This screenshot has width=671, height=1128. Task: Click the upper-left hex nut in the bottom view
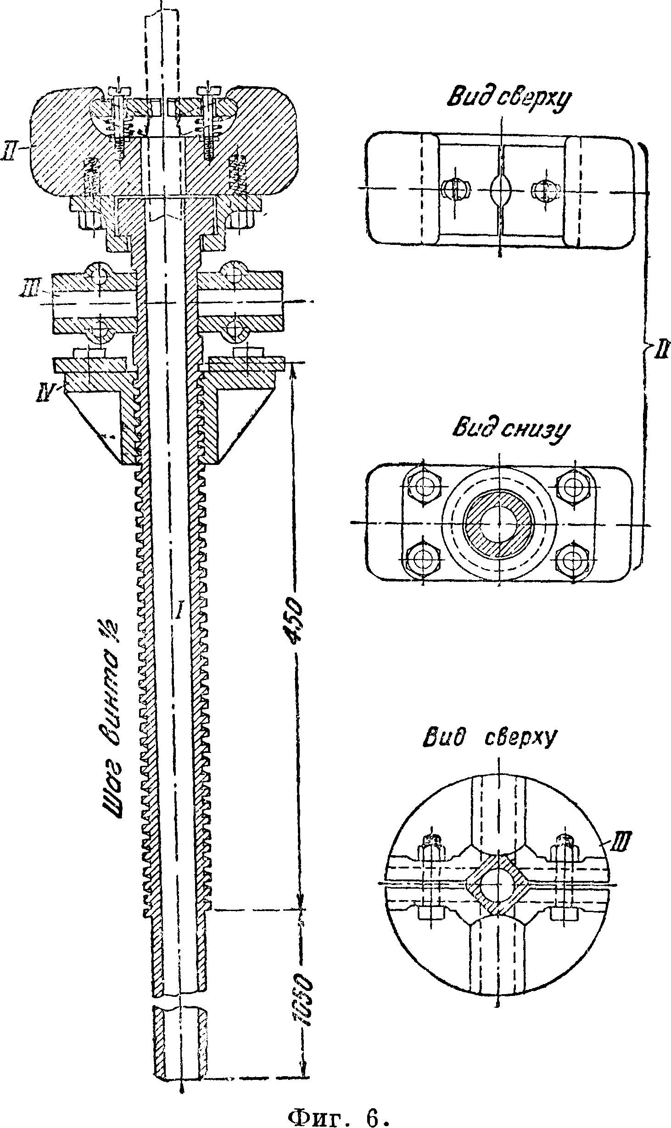[x=423, y=487]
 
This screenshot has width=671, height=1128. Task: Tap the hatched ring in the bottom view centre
[x=499, y=523]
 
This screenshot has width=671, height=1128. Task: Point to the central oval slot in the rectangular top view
[x=500, y=188]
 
